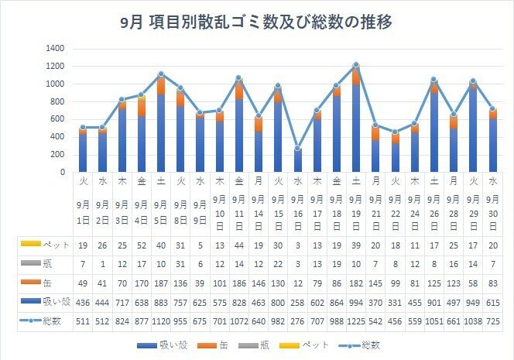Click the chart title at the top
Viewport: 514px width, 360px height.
[257, 22]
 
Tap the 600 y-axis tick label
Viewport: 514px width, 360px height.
[58, 119]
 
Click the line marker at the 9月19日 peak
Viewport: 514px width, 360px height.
[355, 65]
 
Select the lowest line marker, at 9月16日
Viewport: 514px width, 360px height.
[297, 148]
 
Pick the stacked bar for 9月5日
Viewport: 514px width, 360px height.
[161, 123]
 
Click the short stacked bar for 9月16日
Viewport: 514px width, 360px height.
[297, 160]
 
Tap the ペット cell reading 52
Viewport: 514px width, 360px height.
[142, 245]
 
